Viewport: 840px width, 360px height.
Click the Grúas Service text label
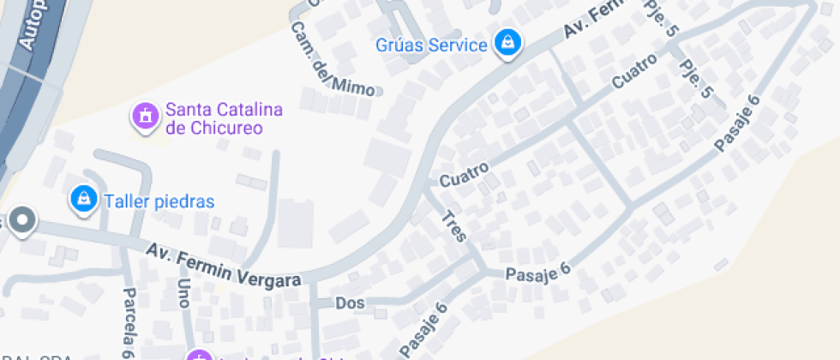[431, 45]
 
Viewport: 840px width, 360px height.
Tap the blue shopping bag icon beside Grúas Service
[508, 42]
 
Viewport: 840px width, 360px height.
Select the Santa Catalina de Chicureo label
[224, 118]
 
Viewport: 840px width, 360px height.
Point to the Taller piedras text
[159, 201]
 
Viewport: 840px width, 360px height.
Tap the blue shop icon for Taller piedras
[83, 199]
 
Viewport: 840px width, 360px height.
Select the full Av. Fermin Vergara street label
[224, 266]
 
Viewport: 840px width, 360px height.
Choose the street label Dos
[350, 303]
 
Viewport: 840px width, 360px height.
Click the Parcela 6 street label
[129, 322]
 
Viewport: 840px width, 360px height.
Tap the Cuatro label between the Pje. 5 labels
[635, 71]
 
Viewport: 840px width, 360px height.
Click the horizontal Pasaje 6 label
[537, 273]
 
